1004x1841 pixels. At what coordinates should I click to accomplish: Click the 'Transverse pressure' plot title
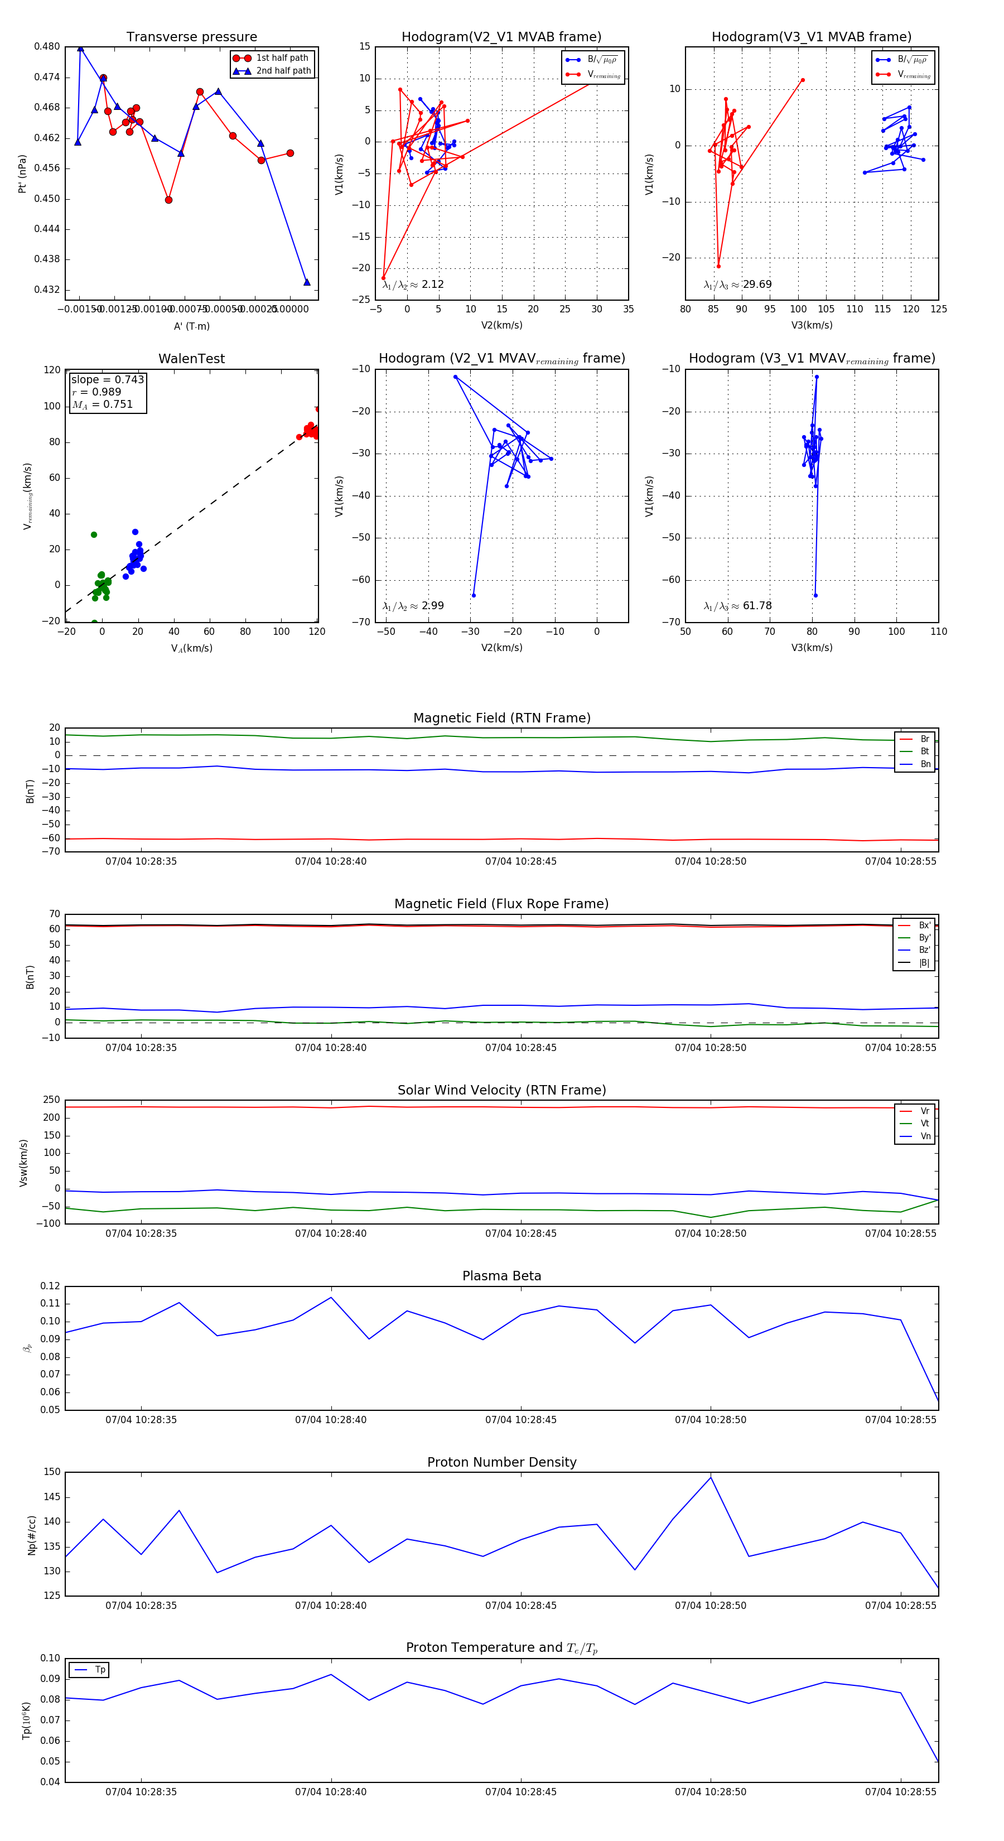coord(191,37)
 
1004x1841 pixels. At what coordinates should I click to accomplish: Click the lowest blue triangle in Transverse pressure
coord(307,282)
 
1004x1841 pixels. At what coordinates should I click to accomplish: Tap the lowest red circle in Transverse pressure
coord(168,200)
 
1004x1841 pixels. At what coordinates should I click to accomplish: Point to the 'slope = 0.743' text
coord(107,379)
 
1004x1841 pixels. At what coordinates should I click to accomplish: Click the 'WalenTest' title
coord(191,359)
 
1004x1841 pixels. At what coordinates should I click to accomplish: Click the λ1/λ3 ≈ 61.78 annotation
coord(737,606)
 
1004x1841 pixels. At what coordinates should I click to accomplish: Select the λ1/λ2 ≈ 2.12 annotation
coord(413,285)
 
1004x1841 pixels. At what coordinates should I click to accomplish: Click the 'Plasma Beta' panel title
coord(501,1276)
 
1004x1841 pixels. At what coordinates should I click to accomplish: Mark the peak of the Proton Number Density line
coord(710,1477)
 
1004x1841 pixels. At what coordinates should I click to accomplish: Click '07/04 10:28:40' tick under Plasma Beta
coord(331,1419)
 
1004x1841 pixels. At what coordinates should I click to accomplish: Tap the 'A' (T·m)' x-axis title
coord(191,326)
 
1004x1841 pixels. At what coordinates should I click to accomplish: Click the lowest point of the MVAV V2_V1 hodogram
coord(473,595)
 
